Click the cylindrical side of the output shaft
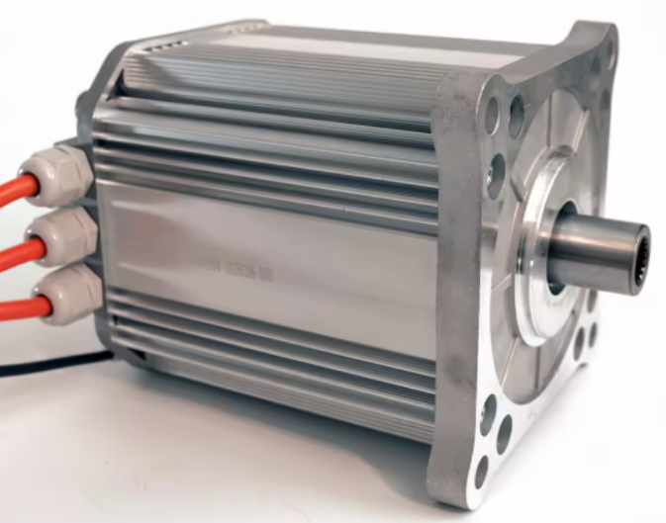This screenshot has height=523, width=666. pos(594,252)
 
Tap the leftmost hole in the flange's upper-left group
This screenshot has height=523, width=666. pos(492,117)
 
